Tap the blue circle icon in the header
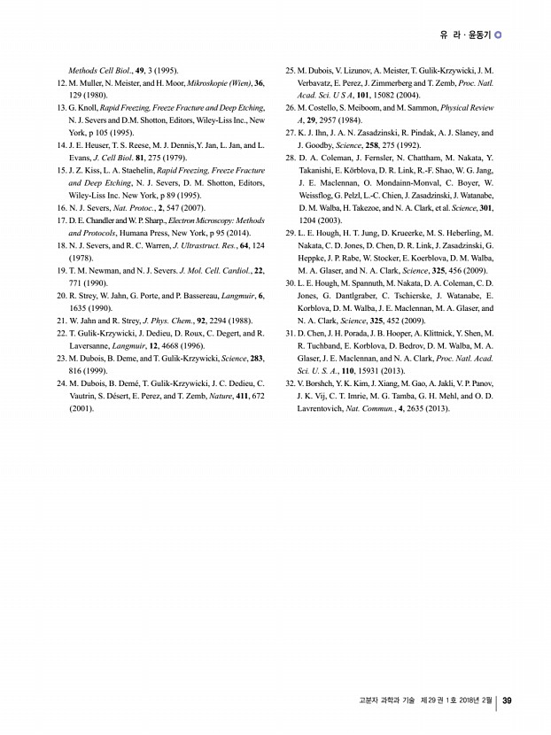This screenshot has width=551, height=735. [498, 36]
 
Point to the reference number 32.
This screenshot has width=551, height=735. [289, 383]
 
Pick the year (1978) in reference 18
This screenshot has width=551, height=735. [81, 257]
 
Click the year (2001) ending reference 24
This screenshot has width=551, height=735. [81, 409]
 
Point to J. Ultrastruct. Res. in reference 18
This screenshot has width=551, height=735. [200, 244]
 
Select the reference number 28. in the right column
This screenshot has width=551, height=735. [289, 158]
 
